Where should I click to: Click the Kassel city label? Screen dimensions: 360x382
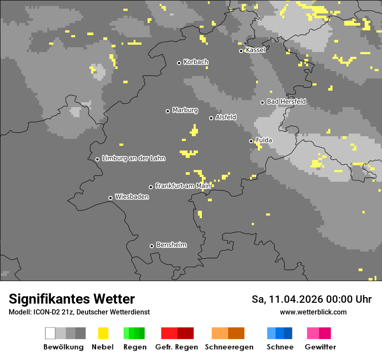coord(255,50)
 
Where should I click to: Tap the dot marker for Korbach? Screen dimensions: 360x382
coord(179,63)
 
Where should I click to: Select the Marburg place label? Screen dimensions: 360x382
coord(185,110)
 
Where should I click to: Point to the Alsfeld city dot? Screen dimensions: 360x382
coord(211,118)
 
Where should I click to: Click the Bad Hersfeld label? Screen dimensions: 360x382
coord(286,101)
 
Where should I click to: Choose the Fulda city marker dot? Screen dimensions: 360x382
coord(251,141)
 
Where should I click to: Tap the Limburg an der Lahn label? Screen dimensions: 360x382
coord(134,158)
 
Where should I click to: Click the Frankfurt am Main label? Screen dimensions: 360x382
coord(183,186)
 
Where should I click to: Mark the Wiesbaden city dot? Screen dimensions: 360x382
coord(110,198)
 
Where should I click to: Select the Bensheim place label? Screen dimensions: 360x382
coord(171,245)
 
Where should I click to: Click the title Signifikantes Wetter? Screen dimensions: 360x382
coord(72,299)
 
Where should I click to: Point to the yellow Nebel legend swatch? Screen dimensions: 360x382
coord(103,333)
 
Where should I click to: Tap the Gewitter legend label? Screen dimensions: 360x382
coord(320,347)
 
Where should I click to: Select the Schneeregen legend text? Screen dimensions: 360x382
coord(229,347)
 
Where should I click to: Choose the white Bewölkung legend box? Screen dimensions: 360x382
coord(50,333)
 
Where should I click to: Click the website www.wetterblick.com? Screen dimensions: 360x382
coord(313,312)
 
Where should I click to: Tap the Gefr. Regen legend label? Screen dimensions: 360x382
coord(177,347)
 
